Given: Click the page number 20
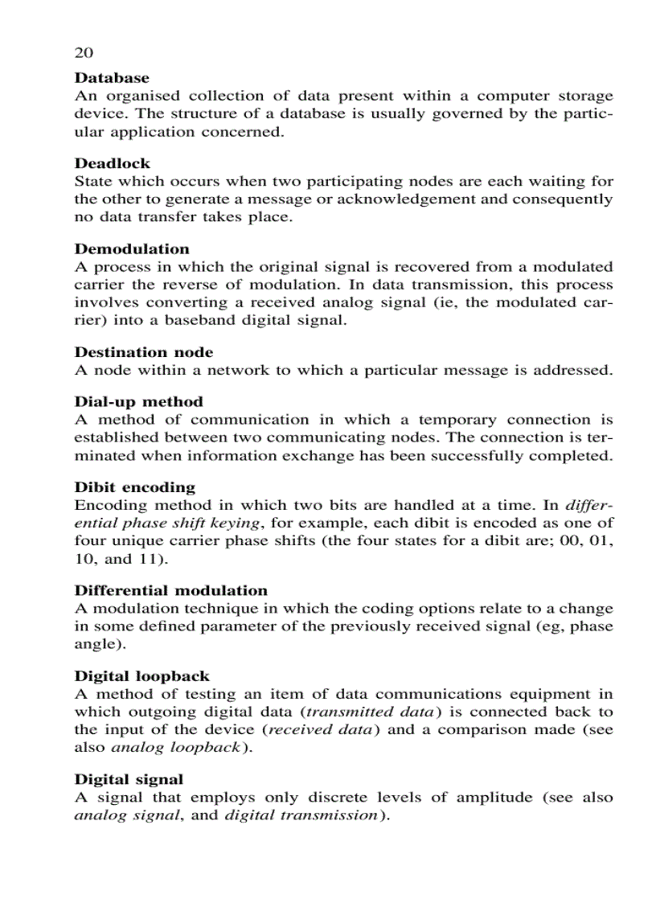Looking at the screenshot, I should point(84,53).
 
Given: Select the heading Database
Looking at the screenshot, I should point(112,78).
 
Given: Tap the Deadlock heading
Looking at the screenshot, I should point(112,163).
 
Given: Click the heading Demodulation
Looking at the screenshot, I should point(132,248).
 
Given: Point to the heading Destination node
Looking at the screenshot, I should point(144,352).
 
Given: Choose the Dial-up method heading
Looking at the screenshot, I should point(138,401).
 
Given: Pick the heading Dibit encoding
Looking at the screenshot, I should point(135,486).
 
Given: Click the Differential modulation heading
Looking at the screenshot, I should point(170,590).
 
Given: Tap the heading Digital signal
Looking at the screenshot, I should point(129,779).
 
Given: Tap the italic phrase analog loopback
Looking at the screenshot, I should point(174,748).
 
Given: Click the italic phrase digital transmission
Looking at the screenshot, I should point(300,816).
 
